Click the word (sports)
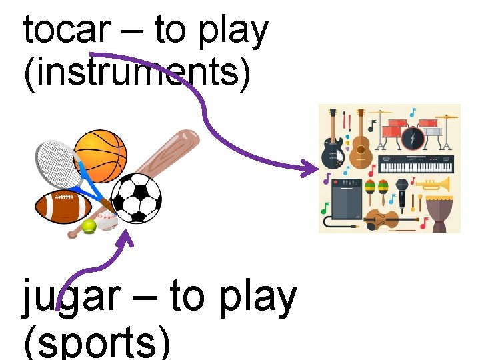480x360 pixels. pyautogui.click(x=97, y=343)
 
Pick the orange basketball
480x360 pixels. pyautogui.click(x=100, y=155)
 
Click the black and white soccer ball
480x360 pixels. pyautogui.click(x=136, y=198)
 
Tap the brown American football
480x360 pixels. pyautogui.click(x=63, y=207)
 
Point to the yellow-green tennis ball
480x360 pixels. pyautogui.click(x=89, y=227)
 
